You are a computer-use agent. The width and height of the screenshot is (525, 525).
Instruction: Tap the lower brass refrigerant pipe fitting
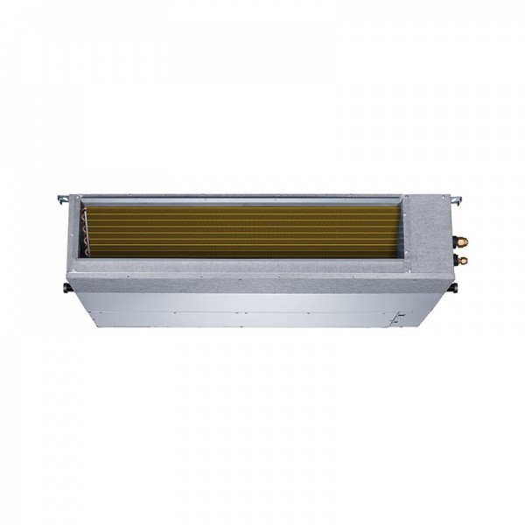[x=461, y=260]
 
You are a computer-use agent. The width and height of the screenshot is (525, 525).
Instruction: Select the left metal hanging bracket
[x=63, y=199]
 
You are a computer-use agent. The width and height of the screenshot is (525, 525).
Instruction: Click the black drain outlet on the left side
[x=66, y=287]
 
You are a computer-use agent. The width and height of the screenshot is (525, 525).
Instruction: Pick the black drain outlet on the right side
[x=453, y=287]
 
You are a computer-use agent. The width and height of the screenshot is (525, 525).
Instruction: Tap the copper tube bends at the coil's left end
[x=86, y=232]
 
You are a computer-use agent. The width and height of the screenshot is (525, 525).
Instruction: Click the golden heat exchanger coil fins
[x=245, y=232]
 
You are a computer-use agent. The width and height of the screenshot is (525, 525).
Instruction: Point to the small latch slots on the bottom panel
[x=398, y=317]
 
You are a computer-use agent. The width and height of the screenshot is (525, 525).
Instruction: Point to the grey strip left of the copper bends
[x=73, y=232]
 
